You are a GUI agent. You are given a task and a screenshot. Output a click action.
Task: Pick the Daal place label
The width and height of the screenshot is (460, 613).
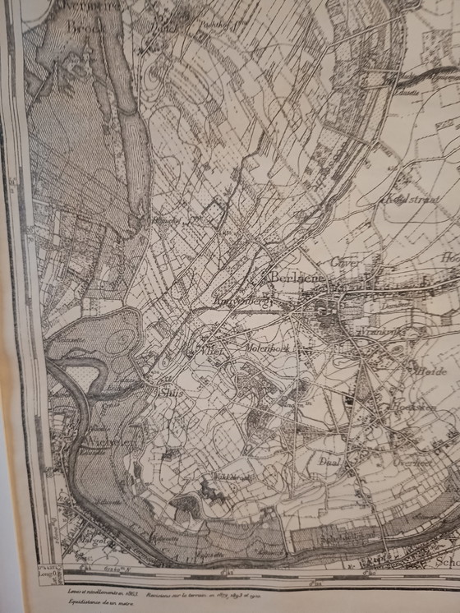pos(329,461)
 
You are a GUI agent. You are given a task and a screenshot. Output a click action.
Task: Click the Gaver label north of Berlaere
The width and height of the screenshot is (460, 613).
pos(340,261)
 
